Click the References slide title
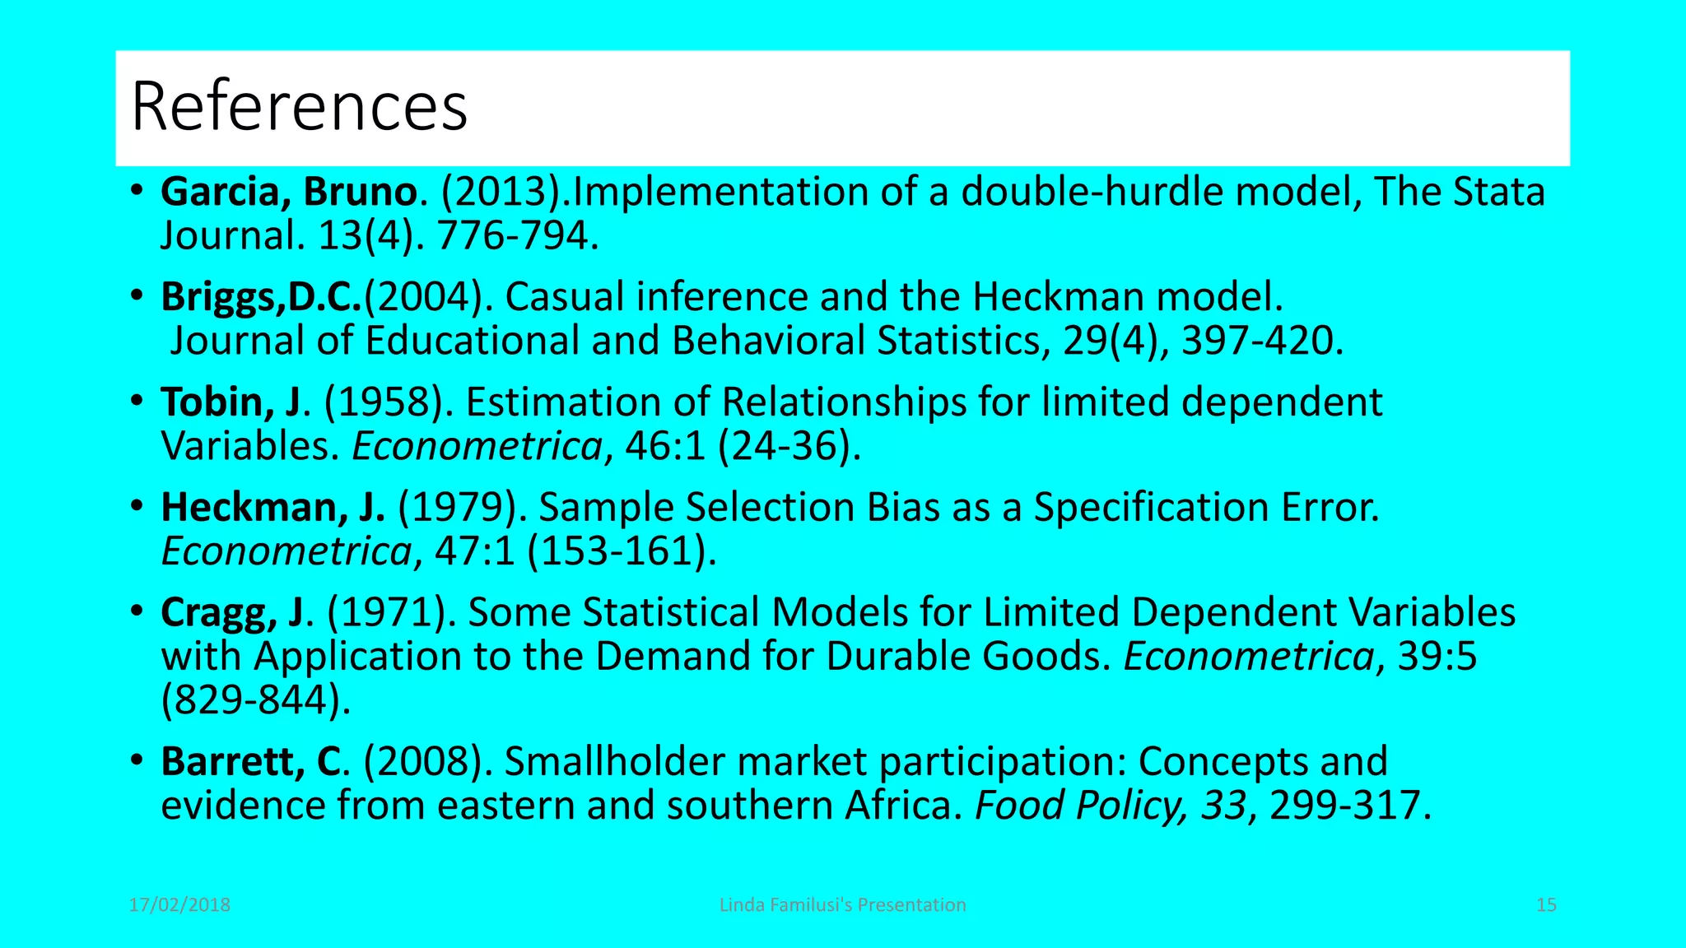pos(299,107)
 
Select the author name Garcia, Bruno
pos(288,193)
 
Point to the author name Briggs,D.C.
pos(261,297)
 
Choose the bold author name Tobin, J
pos(231,402)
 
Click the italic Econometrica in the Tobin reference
pos(477,447)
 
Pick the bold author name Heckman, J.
pos(272,508)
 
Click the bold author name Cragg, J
pos(231,613)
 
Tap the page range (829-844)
pos(256,701)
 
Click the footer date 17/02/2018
pos(179,905)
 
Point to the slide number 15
pos(1546,905)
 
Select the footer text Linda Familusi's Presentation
pos(842,905)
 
